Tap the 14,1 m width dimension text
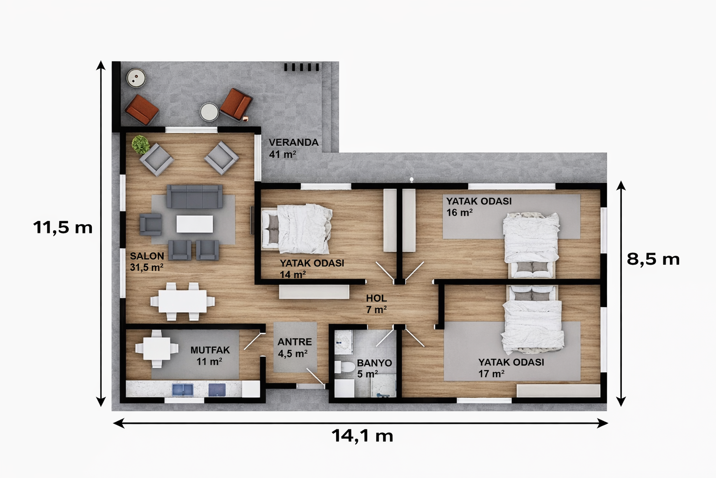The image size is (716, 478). (362, 436)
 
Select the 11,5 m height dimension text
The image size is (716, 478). (62, 228)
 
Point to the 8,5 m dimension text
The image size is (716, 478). (653, 259)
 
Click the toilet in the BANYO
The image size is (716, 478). (344, 366)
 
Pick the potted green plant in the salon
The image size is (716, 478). (140, 145)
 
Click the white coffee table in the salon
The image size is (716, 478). (194, 224)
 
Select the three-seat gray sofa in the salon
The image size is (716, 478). (194, 197)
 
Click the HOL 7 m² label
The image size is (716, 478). (376, 304)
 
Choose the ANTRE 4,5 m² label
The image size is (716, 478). (294, 348)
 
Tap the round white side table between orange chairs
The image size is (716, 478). (209, 112)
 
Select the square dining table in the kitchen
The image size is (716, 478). (157, 348)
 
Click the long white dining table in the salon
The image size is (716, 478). (182, 302)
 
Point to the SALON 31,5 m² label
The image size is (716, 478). (146, 261)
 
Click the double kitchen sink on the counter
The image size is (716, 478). (183, 389)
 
